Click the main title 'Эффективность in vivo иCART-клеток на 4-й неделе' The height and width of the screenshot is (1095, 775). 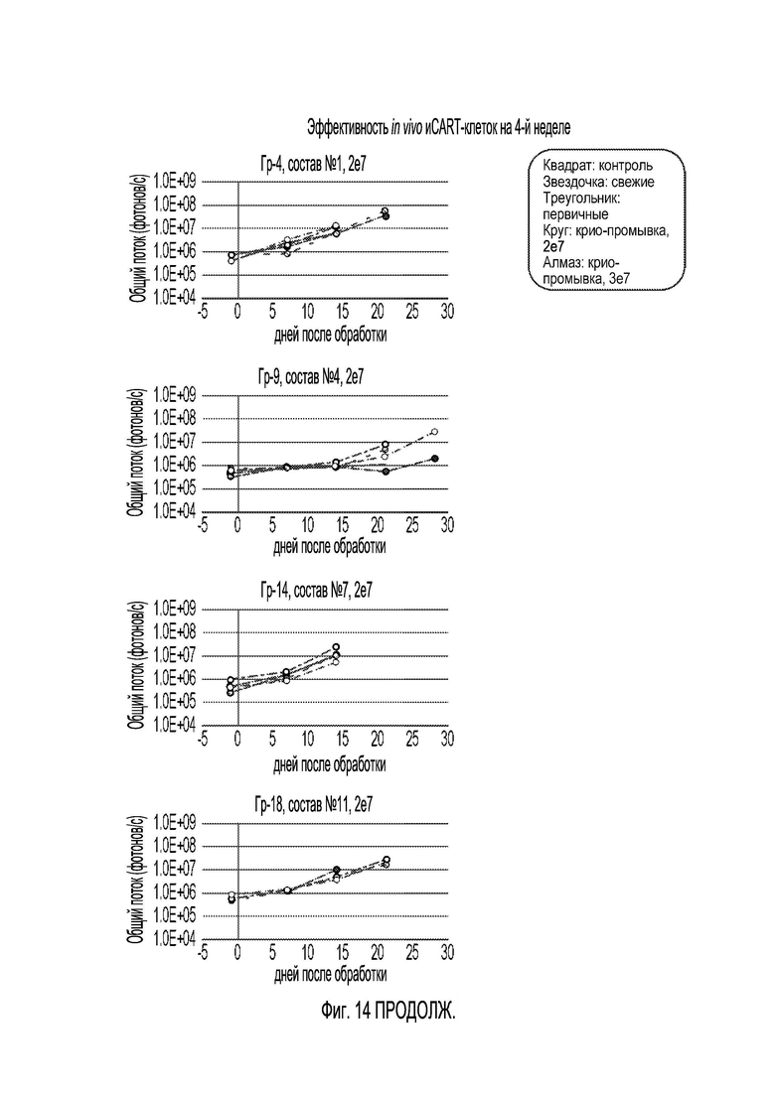click(x=438, y=128)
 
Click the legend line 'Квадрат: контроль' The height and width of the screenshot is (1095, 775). click(x=598, y=166)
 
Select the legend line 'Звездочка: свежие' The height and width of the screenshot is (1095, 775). click(x=598, y=182)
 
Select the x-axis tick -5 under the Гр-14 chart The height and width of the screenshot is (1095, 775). click(x=203, y=739)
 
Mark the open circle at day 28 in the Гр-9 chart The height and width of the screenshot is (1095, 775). click(x=434, y=432)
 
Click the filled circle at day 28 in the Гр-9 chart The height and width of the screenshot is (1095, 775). click(x=434, y=459)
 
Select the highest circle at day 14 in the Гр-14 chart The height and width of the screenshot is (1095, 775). click(x=336, y=647)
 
